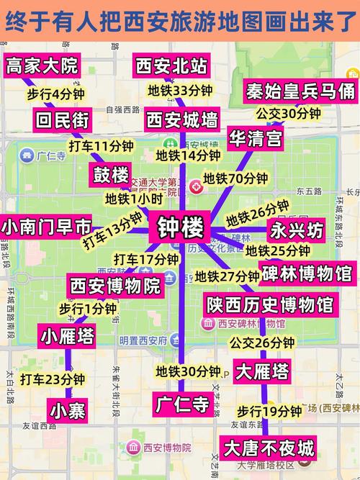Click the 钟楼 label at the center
tap(181, 229)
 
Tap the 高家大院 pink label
tap(41, 66)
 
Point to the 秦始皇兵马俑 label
tap(300, 91)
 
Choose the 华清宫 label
tap(256, 138)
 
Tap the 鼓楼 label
tap(111, 174)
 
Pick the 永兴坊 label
tap(297, 231)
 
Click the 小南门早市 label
tap(46, 227)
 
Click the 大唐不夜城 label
tap(269, 448)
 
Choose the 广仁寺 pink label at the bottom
tap(183, 404)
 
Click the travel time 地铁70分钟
tap(235, 178)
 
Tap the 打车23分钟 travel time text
tap(53, 379)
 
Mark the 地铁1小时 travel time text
tap(133, 199)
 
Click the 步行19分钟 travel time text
tap(269, 411)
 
